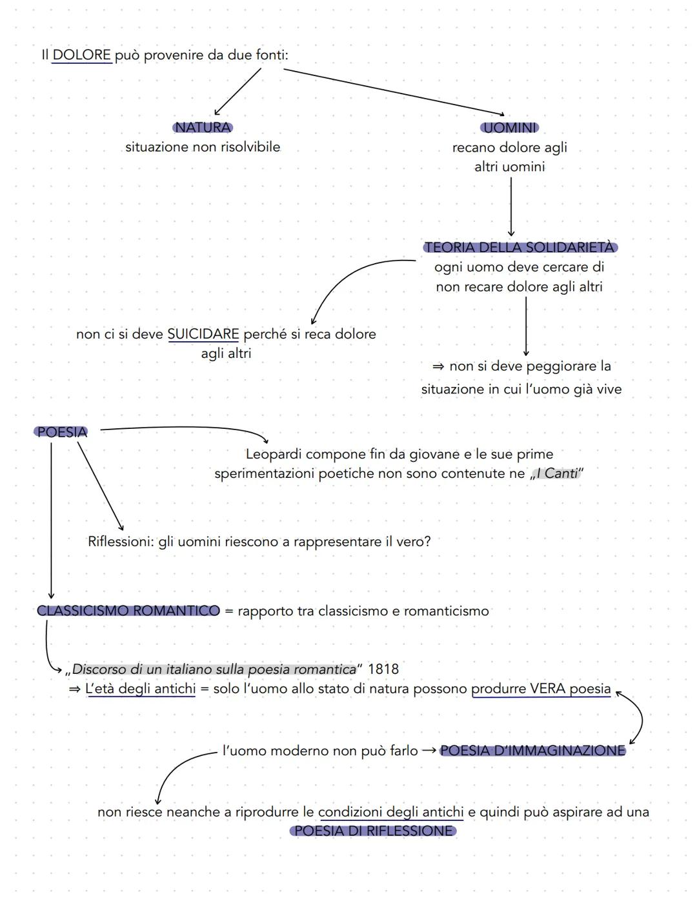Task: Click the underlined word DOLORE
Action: pyautogui.click(x=81, y=55)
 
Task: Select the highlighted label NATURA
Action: pyautogui.click(x=203, y=128)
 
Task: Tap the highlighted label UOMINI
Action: pyautogui.click(x=510, y=128)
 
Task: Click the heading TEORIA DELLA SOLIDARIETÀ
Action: pyautogui.click(x=520, y=248)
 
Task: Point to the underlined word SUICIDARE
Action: pyautogui.click(x=203, y=334)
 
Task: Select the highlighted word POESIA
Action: pyautogui.click(x=61, y=432)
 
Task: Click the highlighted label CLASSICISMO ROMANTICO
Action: pyautogui.click(x=128, y=611)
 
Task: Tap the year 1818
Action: pyautogui.click(x=383, y=669)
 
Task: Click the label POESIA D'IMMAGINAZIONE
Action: pyautogui.click(x=532, y=751)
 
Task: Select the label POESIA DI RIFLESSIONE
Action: pyautogui.click(x=374, y=831)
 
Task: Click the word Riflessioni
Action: pyautogui.click(x=121, y=542)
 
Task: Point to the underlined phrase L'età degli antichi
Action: pyautogui.click(x=141, y=689)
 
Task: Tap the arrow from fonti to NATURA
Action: pyautogui.click(x=237, y=92)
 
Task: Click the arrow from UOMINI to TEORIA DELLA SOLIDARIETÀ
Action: pyautogui.click(x=511, y=206)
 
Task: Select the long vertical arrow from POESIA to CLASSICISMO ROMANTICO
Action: pyautogui.click(x=51, y=516)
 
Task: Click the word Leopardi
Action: pyautogui.click(x=274, y=454)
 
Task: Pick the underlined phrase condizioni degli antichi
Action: pyautogui.click(x=391, y=812)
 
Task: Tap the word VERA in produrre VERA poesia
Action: pyautogui.click(x=548, y=689)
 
